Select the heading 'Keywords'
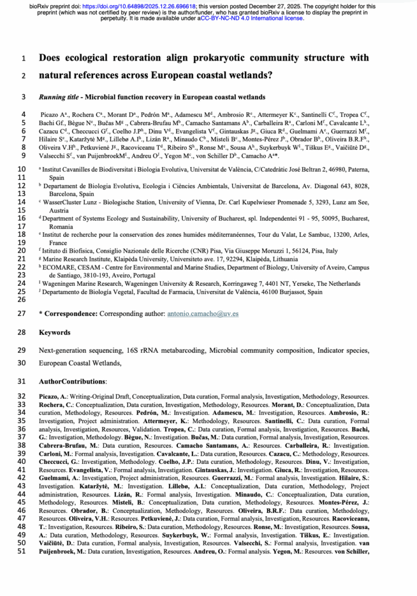pos(54,332)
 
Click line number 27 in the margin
pos(22,314)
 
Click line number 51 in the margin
pos(22,551)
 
